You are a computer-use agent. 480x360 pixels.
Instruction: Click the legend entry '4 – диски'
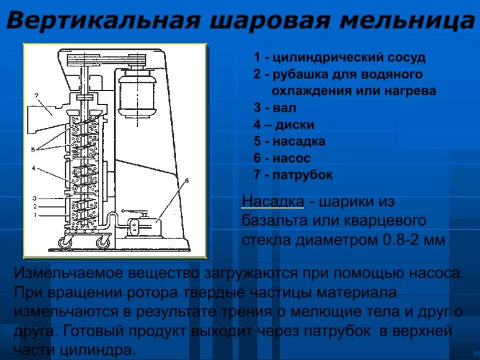tap(283, 125)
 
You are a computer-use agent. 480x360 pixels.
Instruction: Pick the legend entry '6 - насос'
tap(282, 158)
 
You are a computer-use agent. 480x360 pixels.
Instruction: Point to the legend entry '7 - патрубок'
tap(292, 175)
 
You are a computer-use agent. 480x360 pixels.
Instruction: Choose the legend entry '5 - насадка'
tap(289, 141)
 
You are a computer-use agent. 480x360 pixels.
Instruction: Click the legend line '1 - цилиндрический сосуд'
tap(339, 57)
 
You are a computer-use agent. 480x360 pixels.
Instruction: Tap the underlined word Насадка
tap(272, 202)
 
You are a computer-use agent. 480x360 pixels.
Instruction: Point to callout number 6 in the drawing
tap(186, 180)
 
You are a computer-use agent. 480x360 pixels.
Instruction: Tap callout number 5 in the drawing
tap(32, 149)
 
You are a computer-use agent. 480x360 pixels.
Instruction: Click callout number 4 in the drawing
tap(33, 169)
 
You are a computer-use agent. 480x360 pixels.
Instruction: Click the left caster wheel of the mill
tap(64, 243)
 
